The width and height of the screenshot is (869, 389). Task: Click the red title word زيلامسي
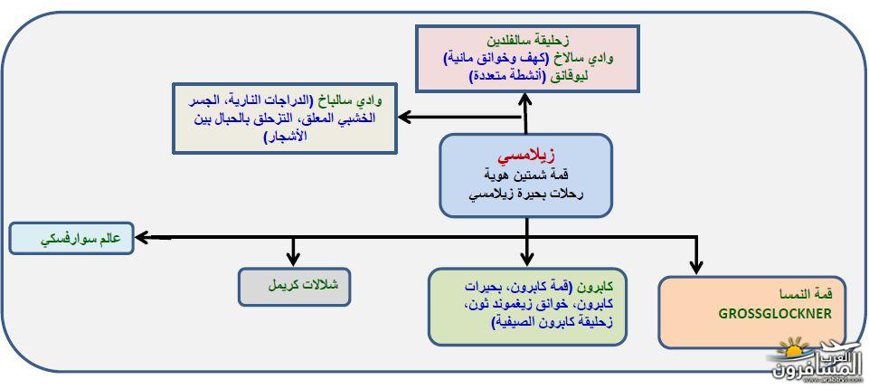526,157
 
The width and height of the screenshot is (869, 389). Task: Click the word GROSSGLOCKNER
775,314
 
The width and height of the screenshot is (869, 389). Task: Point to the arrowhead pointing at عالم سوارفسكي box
143,238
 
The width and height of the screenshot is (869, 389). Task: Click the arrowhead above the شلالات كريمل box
293,258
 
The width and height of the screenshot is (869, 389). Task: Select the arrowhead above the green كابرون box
527,258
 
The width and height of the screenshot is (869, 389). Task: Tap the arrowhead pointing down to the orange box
696,266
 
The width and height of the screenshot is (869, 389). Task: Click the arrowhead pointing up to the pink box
524,100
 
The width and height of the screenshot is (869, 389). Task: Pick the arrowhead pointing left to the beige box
406,117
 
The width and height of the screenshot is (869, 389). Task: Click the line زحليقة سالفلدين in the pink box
527,41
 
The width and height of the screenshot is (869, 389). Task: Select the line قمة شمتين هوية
526,176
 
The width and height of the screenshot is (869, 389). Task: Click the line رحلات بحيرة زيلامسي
526,195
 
